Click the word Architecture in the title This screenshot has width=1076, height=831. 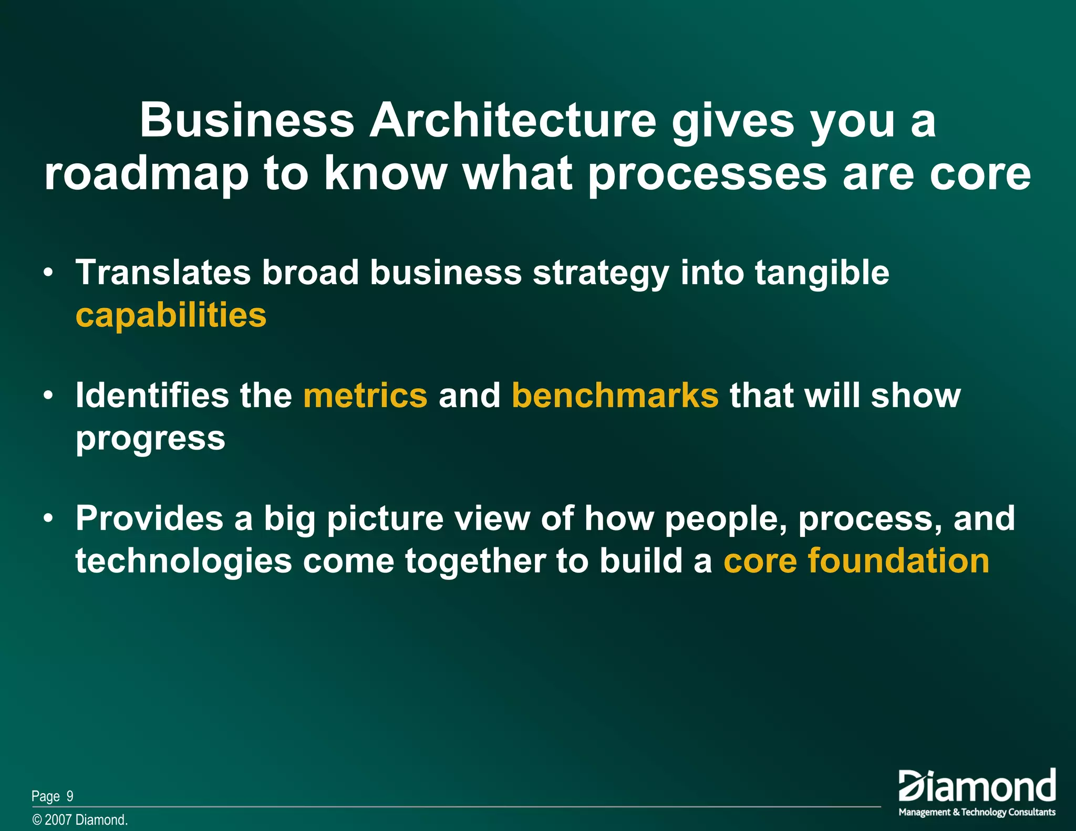point(513,120)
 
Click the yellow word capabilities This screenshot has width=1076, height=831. point(171,315)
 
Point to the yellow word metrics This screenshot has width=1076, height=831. point(366,395)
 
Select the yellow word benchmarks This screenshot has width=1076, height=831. point(615,395)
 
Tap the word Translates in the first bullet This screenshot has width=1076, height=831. point(163,273)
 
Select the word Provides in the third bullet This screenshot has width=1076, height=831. point(149,518)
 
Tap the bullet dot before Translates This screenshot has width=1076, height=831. point(48,274)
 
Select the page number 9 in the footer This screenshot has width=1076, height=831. point(70,796)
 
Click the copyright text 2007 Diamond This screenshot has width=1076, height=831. point(86,820)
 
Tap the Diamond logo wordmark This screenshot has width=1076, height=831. point(977,786)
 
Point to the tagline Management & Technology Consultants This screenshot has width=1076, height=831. point(977,812)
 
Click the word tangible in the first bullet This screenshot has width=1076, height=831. point(822,273)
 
